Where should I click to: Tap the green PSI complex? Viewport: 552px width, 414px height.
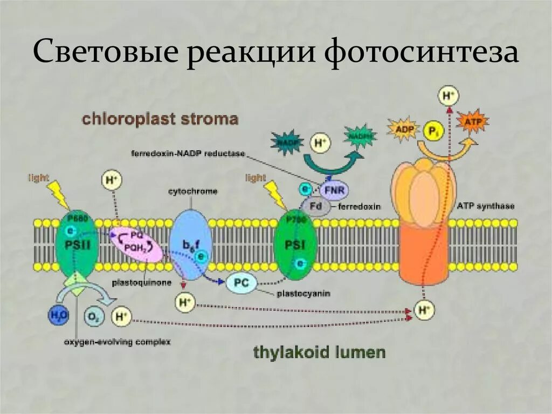tap(296, 246)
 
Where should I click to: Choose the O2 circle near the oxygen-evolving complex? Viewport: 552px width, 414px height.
tap(93, 316)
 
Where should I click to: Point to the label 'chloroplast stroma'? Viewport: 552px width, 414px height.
tap(160, 119)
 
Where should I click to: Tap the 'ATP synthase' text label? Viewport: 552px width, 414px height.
tap(485, 206)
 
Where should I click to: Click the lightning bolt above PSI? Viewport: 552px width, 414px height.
tap(275, 193)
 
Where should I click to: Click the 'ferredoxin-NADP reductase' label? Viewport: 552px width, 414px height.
tap(188, 154)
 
